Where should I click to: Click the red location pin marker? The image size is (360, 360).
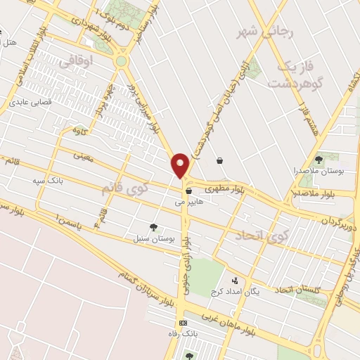pyautogui.click(x=181, y=165)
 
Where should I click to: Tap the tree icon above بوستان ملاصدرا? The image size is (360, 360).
pyautogui.click(x=324, y=159)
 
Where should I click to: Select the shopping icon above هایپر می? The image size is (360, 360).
pyautogui.click(x=188, y=191)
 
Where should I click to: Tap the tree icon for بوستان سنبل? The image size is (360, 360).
pyautogui.click(x=153, y=227)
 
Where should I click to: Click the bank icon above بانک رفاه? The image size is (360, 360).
pyautogui.click(x=184, y=323)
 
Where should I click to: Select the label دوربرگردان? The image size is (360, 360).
pyautogui.click(x=340, y=221)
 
